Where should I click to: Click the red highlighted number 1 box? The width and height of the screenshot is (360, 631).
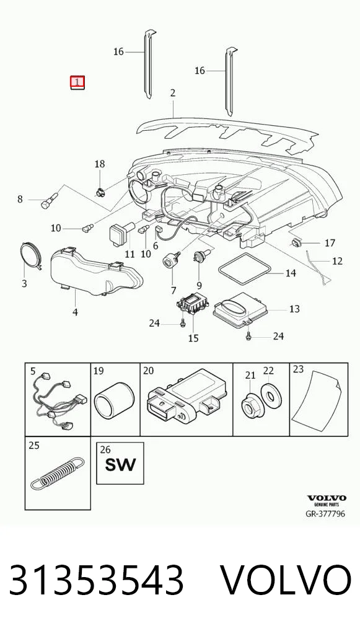[77, 82]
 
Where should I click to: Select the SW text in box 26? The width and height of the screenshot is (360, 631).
[120, 466]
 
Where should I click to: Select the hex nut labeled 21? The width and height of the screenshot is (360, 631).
[250, 405]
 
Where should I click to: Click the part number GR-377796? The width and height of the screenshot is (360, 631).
[325, 514]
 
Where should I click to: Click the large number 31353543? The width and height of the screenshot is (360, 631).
[97, 580]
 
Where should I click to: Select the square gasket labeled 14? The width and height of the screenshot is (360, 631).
[245, 269]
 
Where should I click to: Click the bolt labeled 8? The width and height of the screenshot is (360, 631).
[50, 201]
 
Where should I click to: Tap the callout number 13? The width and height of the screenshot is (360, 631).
[294, 309]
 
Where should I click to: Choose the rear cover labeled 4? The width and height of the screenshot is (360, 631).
[96, 271]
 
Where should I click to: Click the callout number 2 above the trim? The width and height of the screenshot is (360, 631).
[172, 94]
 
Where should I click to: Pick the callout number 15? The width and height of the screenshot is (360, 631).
[193, 338]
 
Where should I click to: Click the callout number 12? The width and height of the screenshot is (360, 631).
[337, 261]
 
